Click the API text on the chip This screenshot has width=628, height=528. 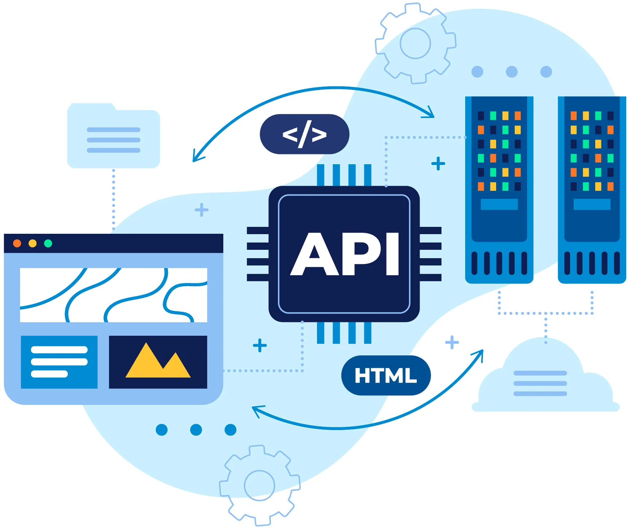click(345, 254)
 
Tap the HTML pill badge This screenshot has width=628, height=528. click(386, 375)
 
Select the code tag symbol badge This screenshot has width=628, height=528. click(305, 134)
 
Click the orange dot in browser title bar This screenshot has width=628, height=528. click(17, 243)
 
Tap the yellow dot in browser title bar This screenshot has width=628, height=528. click(32, 243)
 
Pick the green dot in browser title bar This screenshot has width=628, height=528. click(48, 243)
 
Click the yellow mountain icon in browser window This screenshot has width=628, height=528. click(158, 362)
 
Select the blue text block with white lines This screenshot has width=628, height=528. click(59, 362)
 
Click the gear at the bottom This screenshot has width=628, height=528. click(259, 485)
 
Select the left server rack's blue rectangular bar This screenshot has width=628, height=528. click(499, 204)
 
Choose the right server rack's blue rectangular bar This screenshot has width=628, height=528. click(592, 204)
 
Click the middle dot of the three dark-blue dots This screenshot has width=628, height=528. click(196, 430)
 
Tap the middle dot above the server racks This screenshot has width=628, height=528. click(512, 72)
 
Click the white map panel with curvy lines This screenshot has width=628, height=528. click(113, 295)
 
